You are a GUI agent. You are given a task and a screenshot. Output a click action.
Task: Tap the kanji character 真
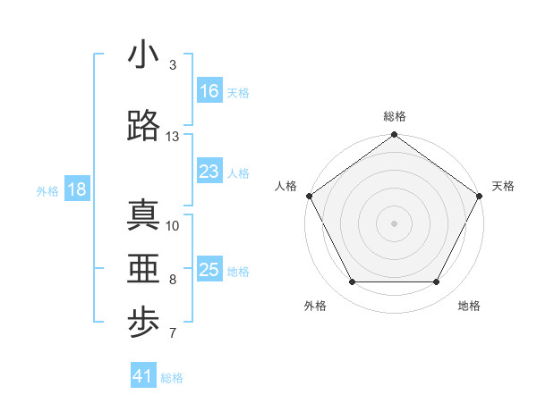click(x=143, y=214)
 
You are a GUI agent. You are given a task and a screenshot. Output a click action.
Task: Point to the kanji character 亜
click(x=143, y=269)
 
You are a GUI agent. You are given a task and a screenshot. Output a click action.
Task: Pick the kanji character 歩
click(x=143, y=324)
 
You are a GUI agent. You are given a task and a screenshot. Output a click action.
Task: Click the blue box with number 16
click(x=209, y=91)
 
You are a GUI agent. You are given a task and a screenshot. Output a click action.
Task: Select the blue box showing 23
click(x=209, y=172)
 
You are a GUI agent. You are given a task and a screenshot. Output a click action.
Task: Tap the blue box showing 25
click(x=209, y=270)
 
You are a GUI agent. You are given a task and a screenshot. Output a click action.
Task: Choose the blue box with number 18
click(x=76, y=189)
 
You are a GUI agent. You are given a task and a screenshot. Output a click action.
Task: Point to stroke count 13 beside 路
click(x=173, y=137)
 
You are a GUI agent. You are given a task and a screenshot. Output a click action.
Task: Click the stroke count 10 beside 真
click(x=173, y=225)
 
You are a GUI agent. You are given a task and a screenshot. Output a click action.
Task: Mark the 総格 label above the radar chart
click(x=395, y=116)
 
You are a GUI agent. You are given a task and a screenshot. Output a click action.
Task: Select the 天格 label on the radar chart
click(x=503, y=186)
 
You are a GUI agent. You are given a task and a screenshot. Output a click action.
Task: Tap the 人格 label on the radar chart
click(x=286, y=186)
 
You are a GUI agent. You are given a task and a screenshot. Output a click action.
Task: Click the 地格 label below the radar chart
click(x=469, y=306)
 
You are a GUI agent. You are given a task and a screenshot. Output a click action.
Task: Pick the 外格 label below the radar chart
click(x=315, y=306)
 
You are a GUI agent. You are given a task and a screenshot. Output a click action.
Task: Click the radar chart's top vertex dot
click(x=395, y=136)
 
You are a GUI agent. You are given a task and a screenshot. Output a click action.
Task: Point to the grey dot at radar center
click(x=395, y=223)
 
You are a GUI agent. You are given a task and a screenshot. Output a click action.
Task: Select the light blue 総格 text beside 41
click(x=172, y=378)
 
